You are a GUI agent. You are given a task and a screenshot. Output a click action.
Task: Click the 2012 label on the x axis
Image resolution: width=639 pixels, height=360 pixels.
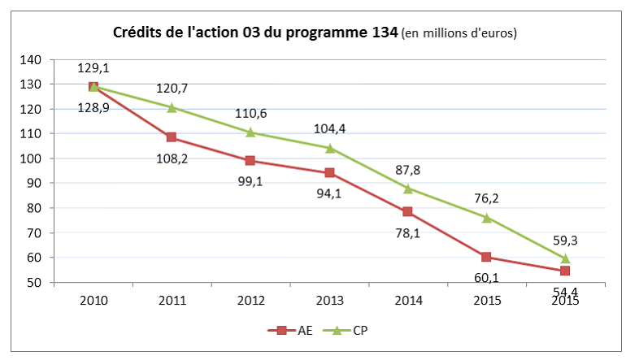pyautogui.click(x=250, y=301)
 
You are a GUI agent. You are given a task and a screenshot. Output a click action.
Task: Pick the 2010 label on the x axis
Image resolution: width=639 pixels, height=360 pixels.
pyautogui.click(x=93, y=301)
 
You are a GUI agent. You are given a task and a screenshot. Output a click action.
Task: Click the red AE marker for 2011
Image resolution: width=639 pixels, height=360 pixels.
pyautogui.click(x=172, y=137)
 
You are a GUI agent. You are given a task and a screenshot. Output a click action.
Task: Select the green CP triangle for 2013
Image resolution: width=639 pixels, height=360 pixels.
pyautogui.click(x=329, y=148)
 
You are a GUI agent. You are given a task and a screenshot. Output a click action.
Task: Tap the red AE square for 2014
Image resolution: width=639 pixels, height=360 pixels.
pyautogui.click(x=408, y=212)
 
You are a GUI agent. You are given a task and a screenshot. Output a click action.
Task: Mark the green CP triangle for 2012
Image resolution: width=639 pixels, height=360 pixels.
pyautogui.click(x=250, y=132)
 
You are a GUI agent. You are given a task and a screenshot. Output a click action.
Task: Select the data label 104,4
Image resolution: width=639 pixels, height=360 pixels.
pyautogui.click(x=329, y=128)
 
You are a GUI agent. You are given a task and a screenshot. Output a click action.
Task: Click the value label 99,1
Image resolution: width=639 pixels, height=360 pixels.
pyautogui.click(x=250, y=182)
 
